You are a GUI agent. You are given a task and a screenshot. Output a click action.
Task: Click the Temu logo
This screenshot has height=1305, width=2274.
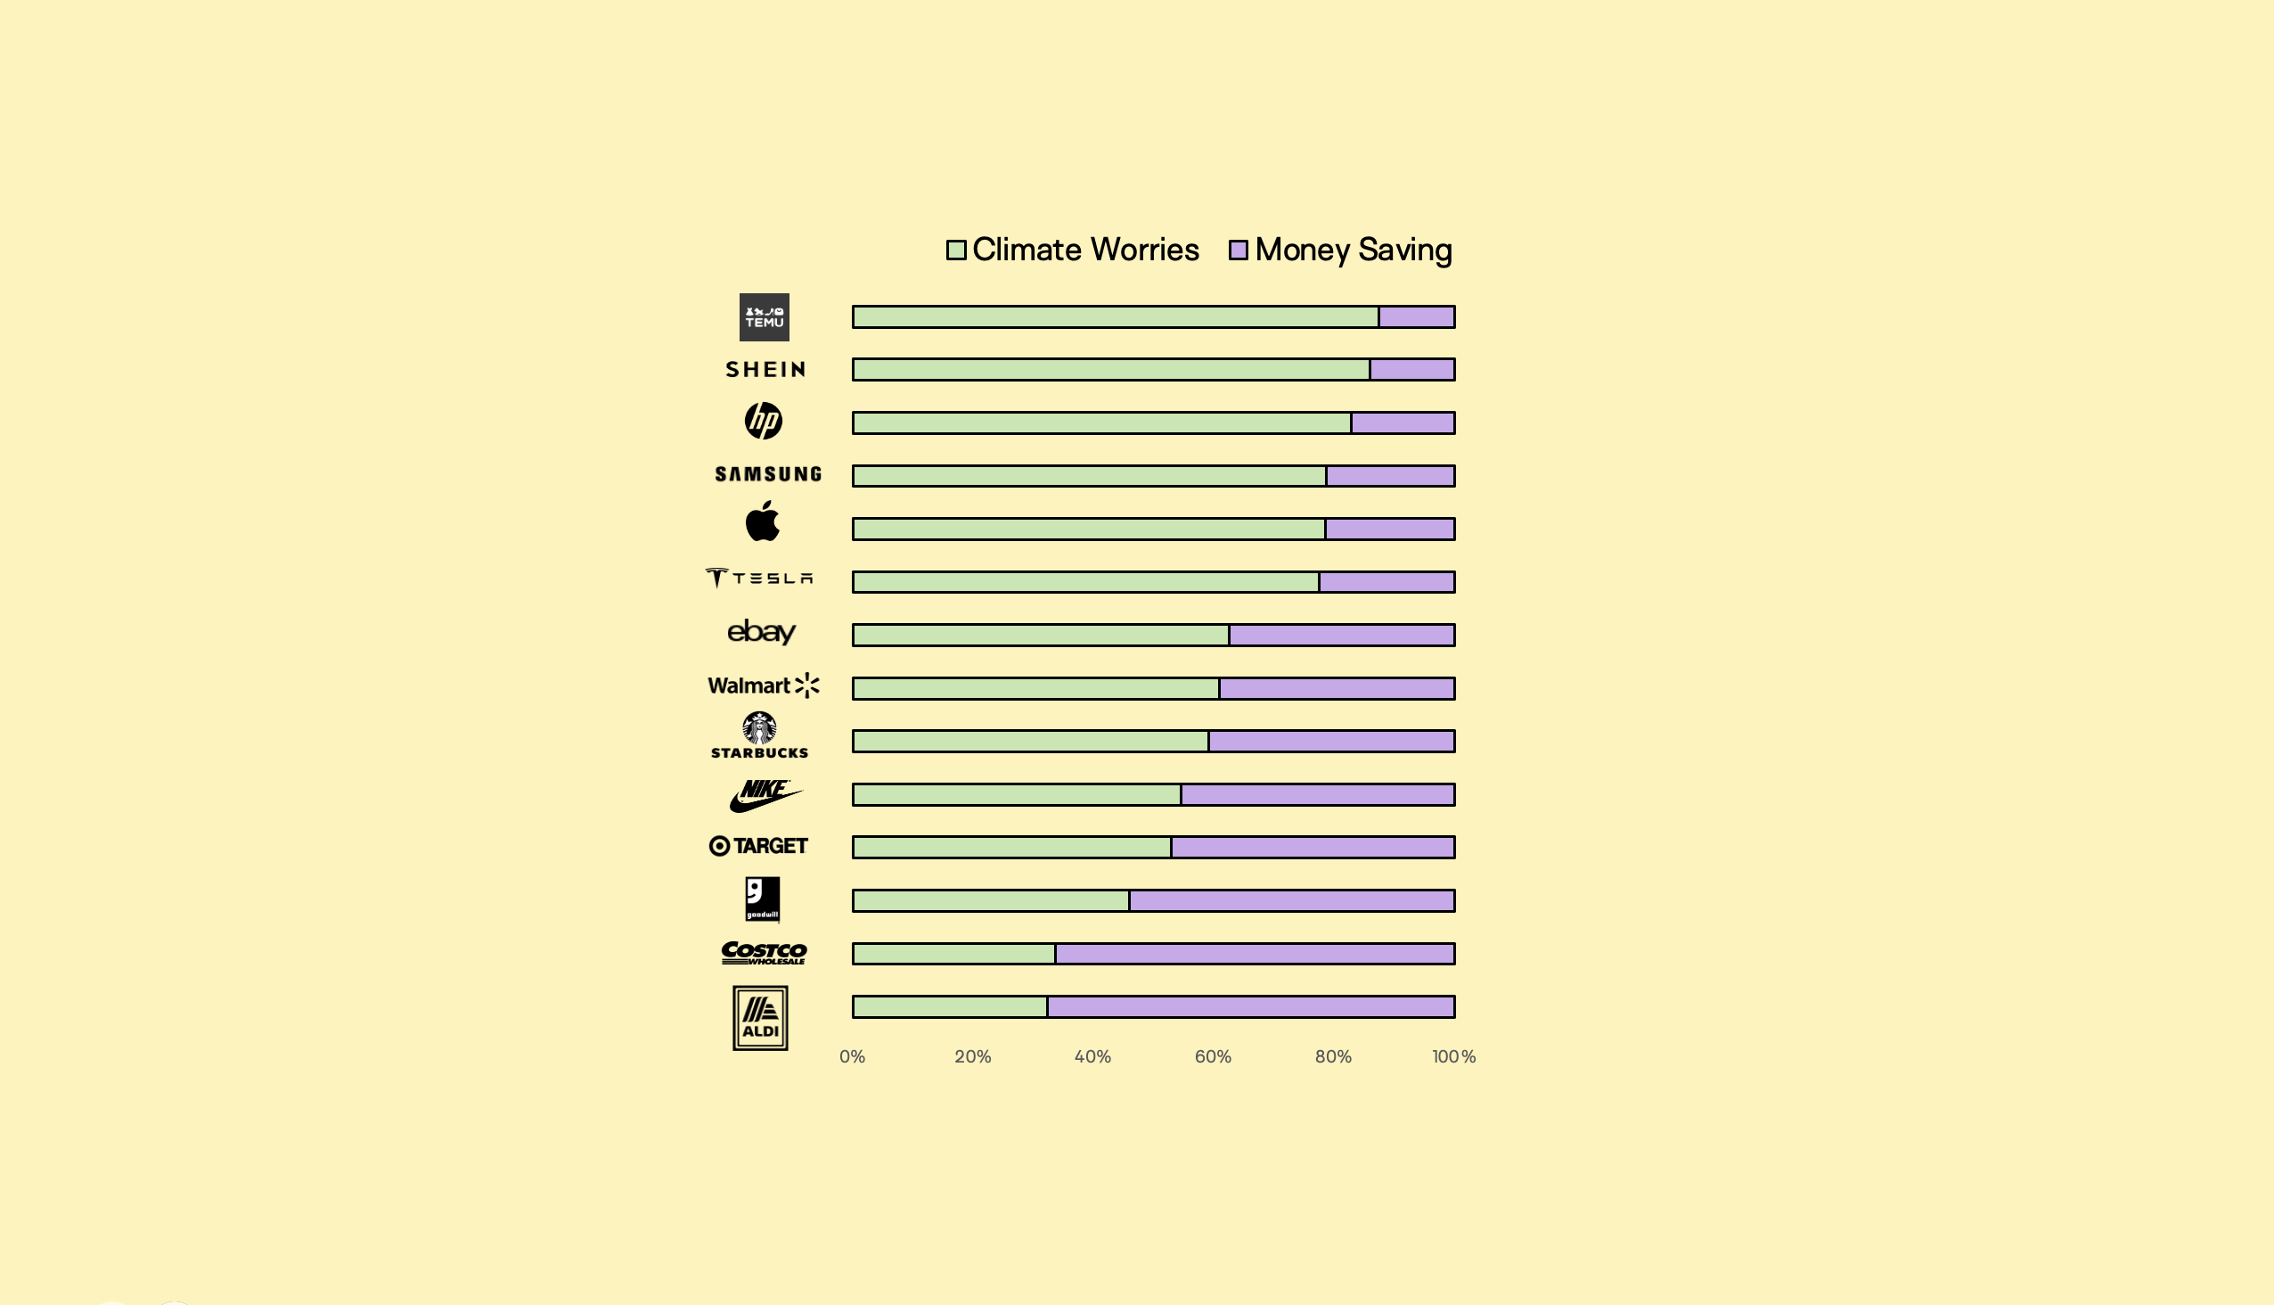tap(764, 317)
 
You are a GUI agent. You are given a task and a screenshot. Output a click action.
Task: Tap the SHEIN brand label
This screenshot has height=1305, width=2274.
tap(765, 369)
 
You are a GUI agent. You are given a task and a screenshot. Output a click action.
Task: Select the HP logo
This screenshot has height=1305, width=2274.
tap(764, 421)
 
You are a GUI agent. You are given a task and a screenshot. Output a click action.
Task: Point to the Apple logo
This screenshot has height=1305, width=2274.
tap(763, 521)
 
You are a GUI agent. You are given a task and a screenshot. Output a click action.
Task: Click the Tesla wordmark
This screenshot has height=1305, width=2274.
tap(760, 579)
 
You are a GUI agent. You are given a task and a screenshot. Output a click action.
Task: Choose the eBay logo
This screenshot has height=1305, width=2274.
tap(761, 632)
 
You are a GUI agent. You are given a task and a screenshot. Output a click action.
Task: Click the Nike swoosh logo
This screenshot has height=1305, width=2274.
tap(765, 795)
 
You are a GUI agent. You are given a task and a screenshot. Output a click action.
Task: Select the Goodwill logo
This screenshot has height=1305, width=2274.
tap(763, 899)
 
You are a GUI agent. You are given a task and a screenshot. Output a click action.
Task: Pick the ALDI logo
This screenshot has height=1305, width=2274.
tap(760, 1018)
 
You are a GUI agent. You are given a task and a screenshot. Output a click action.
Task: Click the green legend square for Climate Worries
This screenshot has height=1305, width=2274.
tap(956, 250)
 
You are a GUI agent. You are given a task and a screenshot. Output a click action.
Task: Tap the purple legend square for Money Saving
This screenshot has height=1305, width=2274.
tap(1239, 250)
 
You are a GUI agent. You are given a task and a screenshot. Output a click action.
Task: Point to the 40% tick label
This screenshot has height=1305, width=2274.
tap(1092, 1056)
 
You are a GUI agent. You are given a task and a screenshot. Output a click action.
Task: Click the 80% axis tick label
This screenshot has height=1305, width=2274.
tap(1333, 1056)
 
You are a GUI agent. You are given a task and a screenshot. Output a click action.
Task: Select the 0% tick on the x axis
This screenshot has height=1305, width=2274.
tap(852, 1056)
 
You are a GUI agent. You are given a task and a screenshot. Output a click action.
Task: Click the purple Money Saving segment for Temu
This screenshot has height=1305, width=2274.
tap(1416, 317)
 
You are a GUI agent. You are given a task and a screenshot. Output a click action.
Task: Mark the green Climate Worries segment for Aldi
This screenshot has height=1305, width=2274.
tap(950, 1006)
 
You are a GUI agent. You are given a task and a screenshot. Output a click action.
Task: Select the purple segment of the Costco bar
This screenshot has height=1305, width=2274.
tap(1255, 954)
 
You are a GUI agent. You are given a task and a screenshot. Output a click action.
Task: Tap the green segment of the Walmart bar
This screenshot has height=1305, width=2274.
tap(1035, 688)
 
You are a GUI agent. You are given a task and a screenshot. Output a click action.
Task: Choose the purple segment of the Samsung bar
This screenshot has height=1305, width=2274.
tap(1390, 476)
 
